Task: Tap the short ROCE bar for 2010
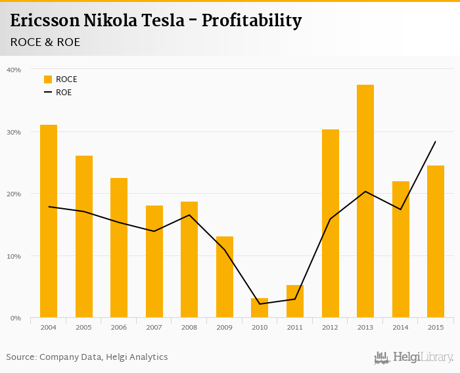coord(260,308)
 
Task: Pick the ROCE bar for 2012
coord(331,223)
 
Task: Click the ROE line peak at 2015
coord(435,141)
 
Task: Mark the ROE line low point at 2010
coord(260,304)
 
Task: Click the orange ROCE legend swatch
coord(48,79)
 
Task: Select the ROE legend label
coord(64,93)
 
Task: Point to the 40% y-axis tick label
coord(14,70)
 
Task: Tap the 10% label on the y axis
coord(14,256)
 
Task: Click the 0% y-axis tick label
coord(16,318)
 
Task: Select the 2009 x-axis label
coord(224,327)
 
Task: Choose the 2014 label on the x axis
coord(400,327)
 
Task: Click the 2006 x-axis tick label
coord(119,327)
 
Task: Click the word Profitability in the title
coord(252,21)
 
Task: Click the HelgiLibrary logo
coord(413,357)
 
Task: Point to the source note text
coord(87,357)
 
